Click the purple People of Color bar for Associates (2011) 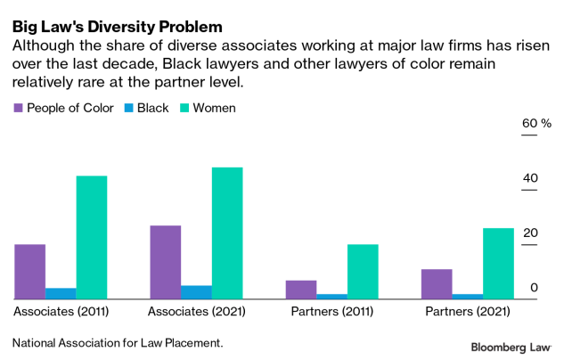(x=30, y=272)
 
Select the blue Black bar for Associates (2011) (x=61, y=293)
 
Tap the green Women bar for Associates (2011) (x=91, y=237)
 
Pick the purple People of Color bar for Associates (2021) (x=166, y=262)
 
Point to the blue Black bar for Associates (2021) (x=196, y=292)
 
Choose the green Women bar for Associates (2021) (x=226, y=233)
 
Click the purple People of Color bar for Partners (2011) (x=302, y=290)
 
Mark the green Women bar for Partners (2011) (x=363, y=272)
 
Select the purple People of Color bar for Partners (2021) (x=437, y=284)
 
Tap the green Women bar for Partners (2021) (x=498, y=264)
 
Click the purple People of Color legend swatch (x=19, y=109)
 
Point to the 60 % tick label (x=535, y=123)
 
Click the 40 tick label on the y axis (x=530, y=178)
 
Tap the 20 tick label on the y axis (x=530, y=233)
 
